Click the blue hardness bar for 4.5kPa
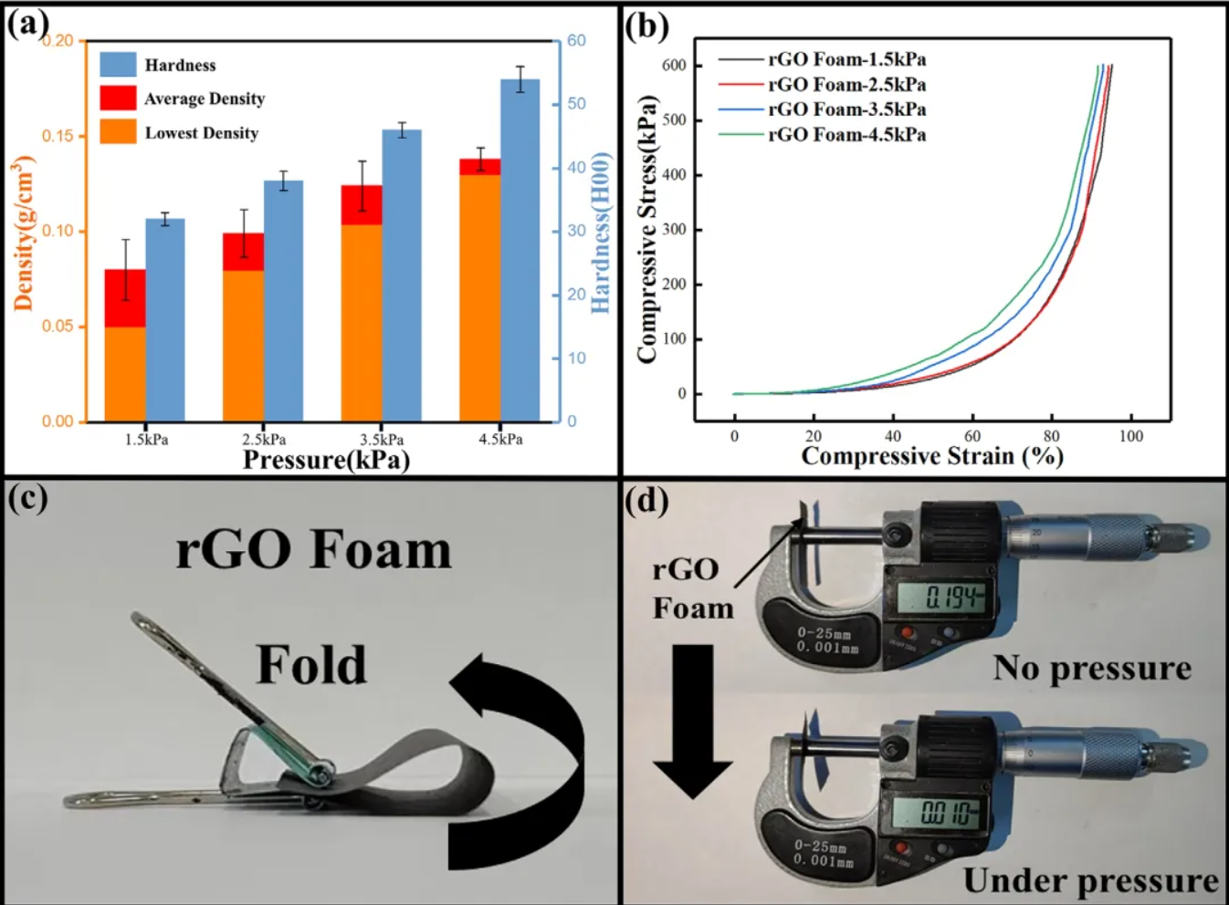(x=520, y=251)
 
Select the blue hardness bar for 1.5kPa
(x=165, y=319)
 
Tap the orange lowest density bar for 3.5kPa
(x=362, y=323)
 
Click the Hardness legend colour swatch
(x=118, y=65)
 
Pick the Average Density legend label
(x=205, y=99)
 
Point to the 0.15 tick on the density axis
(x=58, y=136)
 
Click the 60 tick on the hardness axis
(x=576, y=41)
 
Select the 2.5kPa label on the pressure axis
(x=264, y=440)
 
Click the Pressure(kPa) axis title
(x=326, y=460)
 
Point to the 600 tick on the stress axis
(x=675, y=66)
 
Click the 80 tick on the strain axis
(x=1052, y=436)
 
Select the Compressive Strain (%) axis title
(x=931, y=456)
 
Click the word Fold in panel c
(x=311, y=664)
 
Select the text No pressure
(x=1092, y=668)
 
